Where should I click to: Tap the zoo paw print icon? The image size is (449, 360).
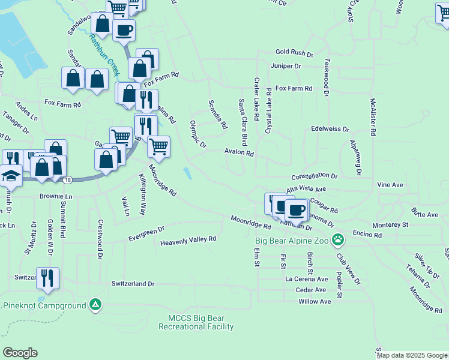pos(339,240)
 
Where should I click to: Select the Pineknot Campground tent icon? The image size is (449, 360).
pos(95,305)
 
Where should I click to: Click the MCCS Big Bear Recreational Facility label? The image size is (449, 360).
pos(196,322)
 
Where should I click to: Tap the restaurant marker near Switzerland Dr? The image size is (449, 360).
pos(47,278)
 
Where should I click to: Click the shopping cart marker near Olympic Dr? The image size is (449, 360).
pos(158,145)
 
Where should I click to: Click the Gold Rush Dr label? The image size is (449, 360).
pos(294,53)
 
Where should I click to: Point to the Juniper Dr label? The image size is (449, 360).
pos(285,66)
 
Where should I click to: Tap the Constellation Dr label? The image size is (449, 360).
pos(315,177)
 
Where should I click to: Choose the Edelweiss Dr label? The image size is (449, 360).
pos(330,129)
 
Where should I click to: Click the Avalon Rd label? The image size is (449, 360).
pos(240,153)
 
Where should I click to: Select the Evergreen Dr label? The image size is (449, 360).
pos(146,234)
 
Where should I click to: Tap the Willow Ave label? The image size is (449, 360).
pos(315,301)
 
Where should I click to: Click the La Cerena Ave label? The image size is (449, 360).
pos(306,279)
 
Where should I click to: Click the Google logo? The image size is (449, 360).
pos(20,353)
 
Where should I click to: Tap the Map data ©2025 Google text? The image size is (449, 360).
pos(412,355)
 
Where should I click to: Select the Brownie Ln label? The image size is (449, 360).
pos(56,197)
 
